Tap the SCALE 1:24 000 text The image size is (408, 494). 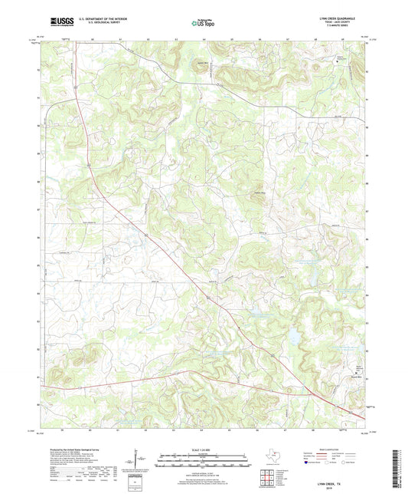click(203, 448)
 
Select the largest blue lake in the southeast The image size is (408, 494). click(292, 335)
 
